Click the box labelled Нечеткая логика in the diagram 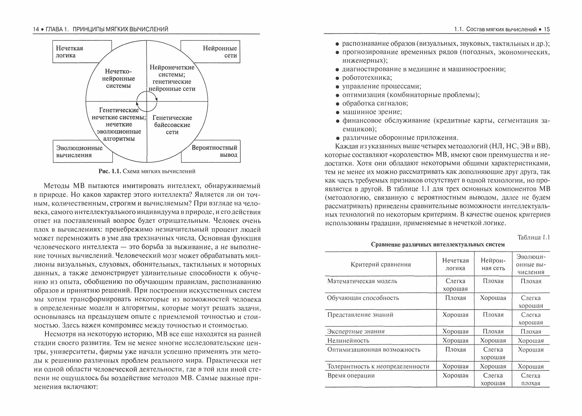coord(70,52)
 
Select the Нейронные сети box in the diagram coord(220,52)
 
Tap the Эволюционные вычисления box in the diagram coord(79,152)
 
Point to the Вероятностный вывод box coord(214,151)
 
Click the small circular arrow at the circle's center coord(147,101)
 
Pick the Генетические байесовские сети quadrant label coord(172,125)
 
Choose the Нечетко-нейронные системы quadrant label coord(118,79)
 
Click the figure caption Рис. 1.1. coord(147,171)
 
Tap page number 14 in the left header coord(36,29)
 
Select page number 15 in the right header coord(546,29)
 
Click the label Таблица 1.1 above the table coord(533,237)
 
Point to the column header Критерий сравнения coord(381,264)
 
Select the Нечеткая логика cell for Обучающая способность coord(455,298)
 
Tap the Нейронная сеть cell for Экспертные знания coord(493,331)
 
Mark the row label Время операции coord(351,376)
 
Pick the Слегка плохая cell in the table coord(531,379)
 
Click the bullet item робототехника coord(367,78)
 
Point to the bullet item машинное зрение coord(372,112)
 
